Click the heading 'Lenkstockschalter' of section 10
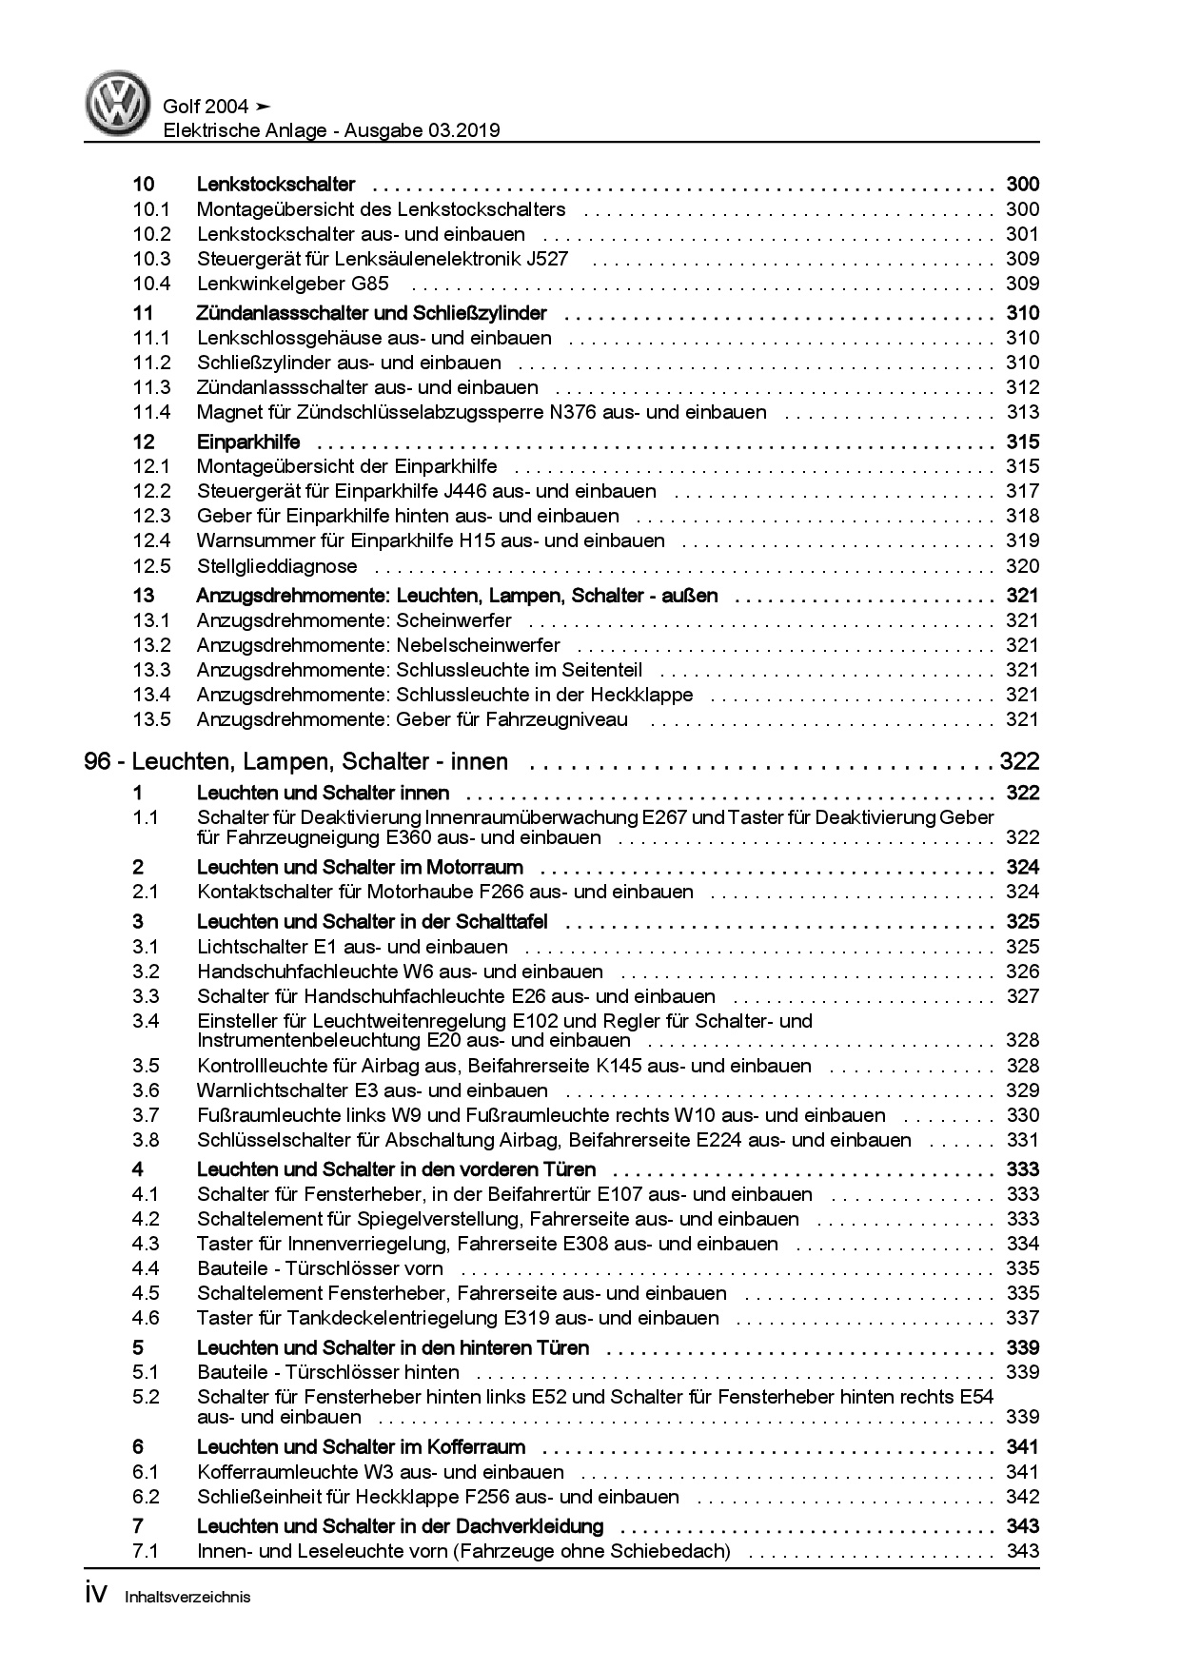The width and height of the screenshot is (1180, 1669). coord(276,185)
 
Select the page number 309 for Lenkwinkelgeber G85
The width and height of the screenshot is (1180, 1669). coord(1022,284)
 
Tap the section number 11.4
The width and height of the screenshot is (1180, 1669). coord(151,412)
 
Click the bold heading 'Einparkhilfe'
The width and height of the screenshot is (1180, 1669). coord(248,442)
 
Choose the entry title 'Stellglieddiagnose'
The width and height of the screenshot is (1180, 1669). coord(277,566)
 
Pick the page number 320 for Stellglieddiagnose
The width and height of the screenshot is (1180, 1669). coord(1022,566)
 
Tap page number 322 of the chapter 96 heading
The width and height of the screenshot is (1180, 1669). coord(1019,761)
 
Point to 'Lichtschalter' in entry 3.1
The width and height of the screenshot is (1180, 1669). coord(250,947)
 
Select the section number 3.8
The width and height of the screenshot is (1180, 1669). coord(146,1140)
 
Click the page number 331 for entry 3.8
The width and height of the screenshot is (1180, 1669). coord(1022,1140)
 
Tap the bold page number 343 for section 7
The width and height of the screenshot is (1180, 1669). coord(1022,1526)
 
